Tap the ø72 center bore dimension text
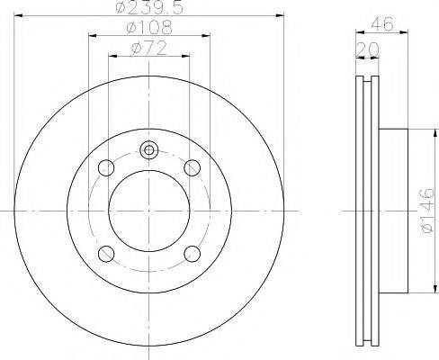[149, 47]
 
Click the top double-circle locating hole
[149, 150]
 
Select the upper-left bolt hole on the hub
[107, 166]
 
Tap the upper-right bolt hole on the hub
[192, 166]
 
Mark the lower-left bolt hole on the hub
[107, 252]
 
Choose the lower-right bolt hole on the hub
[192, 252]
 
